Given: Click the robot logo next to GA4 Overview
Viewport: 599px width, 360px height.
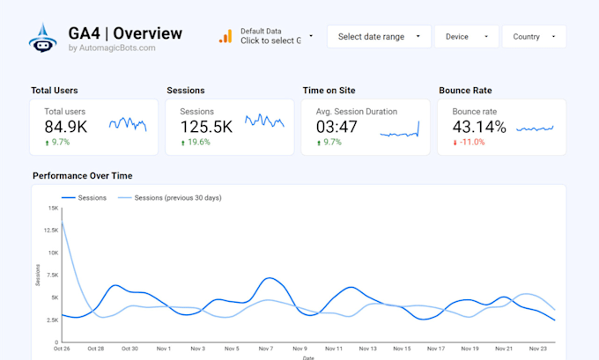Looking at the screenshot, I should point(43,37).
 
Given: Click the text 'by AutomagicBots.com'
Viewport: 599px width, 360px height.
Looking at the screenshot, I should point(112,48).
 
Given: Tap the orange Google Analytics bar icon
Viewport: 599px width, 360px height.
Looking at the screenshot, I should point(226,36).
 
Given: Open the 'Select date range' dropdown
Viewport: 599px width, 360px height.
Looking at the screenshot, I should point(380,37).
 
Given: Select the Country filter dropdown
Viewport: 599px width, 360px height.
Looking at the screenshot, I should point(534,37).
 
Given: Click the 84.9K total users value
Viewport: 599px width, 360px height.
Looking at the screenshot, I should point(65,127).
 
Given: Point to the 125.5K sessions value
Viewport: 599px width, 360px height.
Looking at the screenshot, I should point(206,127).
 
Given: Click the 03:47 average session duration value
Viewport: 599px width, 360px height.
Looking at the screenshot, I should point(336,127).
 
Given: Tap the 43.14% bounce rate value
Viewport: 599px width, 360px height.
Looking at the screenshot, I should point(479,127).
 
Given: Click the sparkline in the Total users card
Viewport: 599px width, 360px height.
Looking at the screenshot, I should point(128,124).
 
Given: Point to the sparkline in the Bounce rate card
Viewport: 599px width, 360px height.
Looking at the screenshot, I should point(535,129).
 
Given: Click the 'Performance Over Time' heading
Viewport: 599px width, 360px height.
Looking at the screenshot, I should point(82,176).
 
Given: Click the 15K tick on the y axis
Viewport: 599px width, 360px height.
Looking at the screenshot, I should point(53,209).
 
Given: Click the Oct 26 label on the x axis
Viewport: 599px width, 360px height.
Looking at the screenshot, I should point(61,349).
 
